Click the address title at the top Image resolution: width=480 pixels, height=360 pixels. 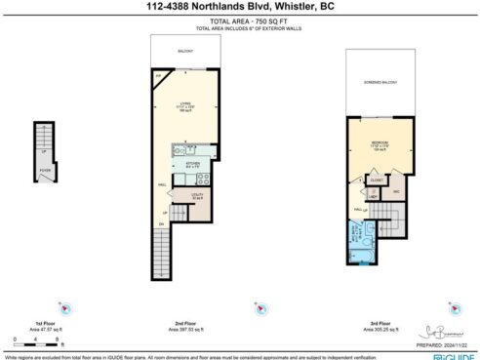(x=240, y=7)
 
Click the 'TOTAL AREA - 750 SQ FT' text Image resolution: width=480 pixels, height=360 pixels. (x=240, y=20)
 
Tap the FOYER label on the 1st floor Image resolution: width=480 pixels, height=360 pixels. (x=44, y=168)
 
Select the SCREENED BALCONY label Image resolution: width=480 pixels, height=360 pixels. (x=376, y=82)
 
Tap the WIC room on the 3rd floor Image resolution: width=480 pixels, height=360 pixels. (x=397, y=191)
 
